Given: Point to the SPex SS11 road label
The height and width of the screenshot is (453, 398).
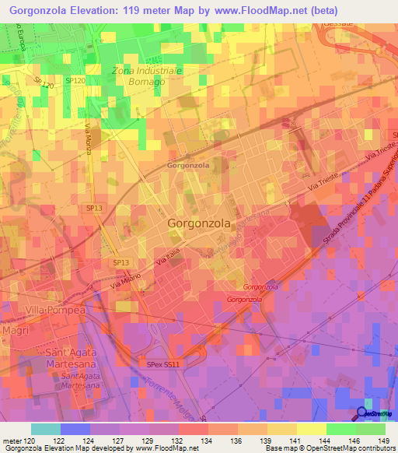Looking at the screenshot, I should coord(163,363).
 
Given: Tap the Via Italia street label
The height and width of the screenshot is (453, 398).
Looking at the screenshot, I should coord(167,259).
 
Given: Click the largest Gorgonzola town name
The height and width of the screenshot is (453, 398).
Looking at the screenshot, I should coord(199,223).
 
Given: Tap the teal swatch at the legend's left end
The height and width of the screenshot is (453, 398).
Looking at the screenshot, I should coord(46,429).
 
